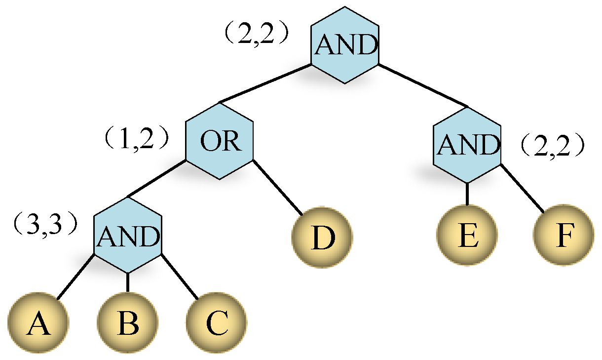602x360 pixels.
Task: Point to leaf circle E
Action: (x=467, y=236)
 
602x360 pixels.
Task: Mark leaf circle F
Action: (x=563, y=236)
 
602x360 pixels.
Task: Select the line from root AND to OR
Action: (x=265, y=83)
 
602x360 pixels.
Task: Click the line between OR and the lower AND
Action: (x=157, y=179)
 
